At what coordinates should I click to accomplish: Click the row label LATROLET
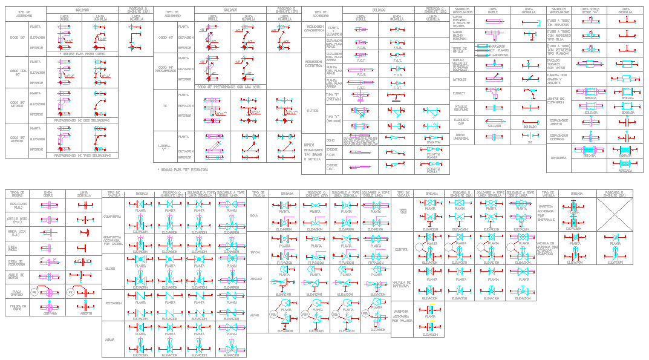[460, 79]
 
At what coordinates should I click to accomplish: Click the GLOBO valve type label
[110, 267]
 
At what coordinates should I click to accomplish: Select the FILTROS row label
[312, 111]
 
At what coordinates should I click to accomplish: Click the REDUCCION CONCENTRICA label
[315, 28]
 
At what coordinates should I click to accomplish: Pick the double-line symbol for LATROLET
[493, 79]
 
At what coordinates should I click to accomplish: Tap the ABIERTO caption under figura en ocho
[86, 313]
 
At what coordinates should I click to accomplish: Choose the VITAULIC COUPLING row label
[461, 107]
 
